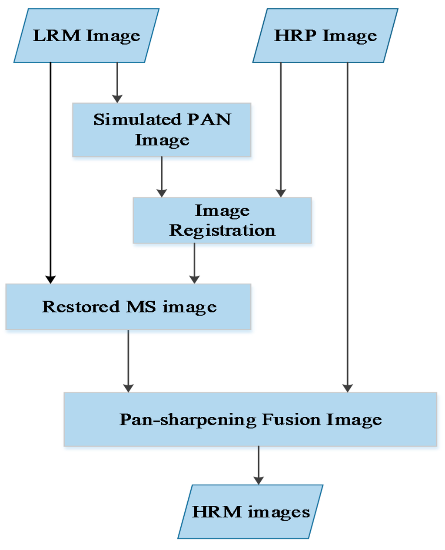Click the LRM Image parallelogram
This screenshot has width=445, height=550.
click(x=86, y=36)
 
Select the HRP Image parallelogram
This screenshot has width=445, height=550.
click(x=325, y=36)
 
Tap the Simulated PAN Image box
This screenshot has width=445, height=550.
click(x=162, y=130)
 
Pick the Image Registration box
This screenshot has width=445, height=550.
click(x=222, y=220)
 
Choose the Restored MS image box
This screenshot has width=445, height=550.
click(x=129, y=307)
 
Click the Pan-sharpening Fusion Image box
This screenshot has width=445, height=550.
click(x=250, y=419)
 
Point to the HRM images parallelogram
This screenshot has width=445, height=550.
click(x=250, y=512)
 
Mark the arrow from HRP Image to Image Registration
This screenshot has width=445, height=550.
click(x=281, y=130)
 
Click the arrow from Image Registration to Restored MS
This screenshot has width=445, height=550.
click(x=194, y=263)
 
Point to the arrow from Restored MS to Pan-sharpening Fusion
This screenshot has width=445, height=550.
click(x=128, y=361)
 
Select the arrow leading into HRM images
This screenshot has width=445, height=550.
click(x=259, y=465)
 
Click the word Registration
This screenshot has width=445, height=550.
click(x=222, y=231)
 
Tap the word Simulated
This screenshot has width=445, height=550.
click(x=131, y=119)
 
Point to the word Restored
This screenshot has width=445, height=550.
click(x=81, y=307)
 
